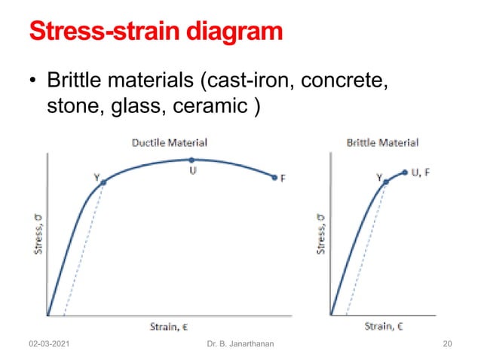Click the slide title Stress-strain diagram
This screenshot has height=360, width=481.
pos(157,32)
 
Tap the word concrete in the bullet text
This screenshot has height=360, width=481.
pos(347,80)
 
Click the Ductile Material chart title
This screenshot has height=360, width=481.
pos(170,142)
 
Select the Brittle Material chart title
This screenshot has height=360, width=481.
pos(381,142)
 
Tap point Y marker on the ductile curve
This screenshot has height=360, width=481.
pos(103,182)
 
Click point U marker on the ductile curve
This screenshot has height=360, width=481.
pos(192,160)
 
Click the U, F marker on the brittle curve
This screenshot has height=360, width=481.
pos(405,172)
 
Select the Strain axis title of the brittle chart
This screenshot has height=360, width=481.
pos(384,325)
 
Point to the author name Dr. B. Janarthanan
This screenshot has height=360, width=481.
pos(240,344)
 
